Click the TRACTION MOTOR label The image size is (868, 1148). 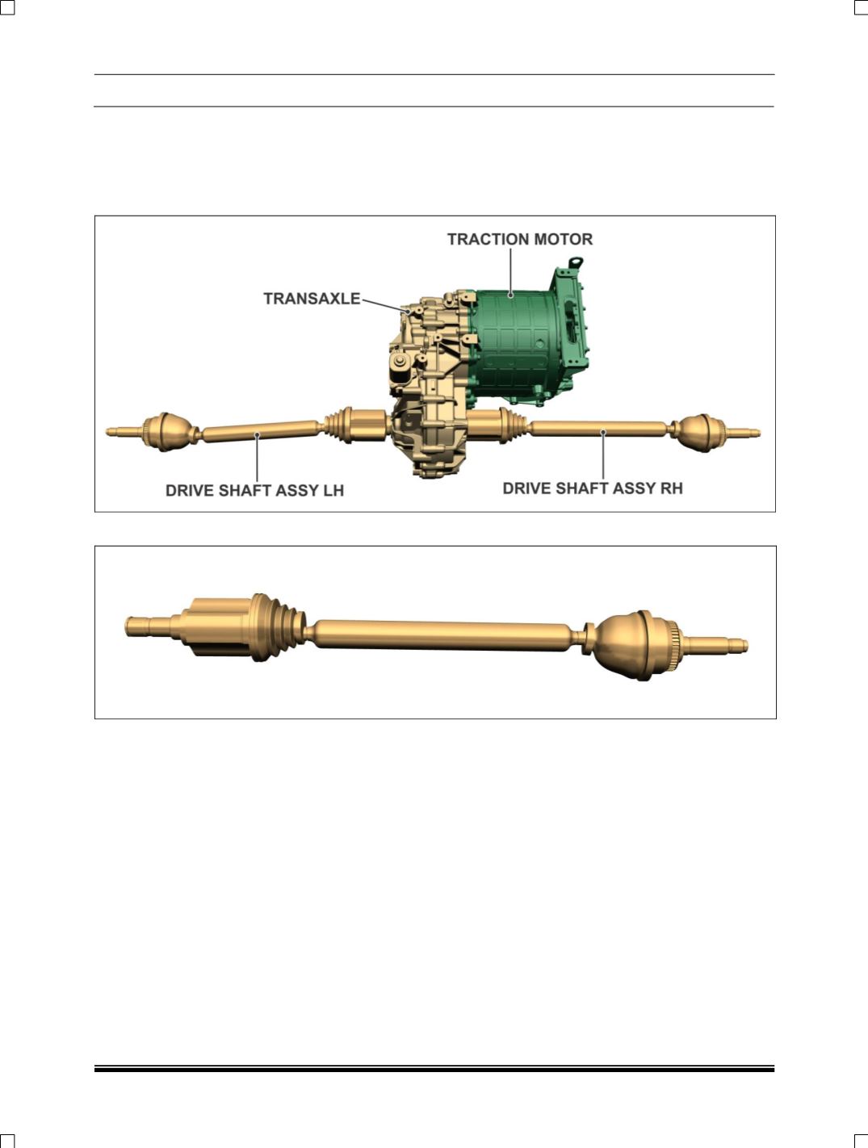pos(520,239)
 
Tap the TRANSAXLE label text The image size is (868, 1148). pos(312,299)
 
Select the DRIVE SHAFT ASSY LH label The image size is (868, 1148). pos(254,491)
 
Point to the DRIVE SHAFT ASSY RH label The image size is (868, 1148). pos(593,488)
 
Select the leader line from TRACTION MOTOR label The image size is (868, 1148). pos(511,272)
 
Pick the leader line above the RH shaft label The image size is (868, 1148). pos(603,455)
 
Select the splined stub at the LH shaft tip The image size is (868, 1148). pos(124,431)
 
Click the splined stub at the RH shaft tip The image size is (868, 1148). pos(743,433)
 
